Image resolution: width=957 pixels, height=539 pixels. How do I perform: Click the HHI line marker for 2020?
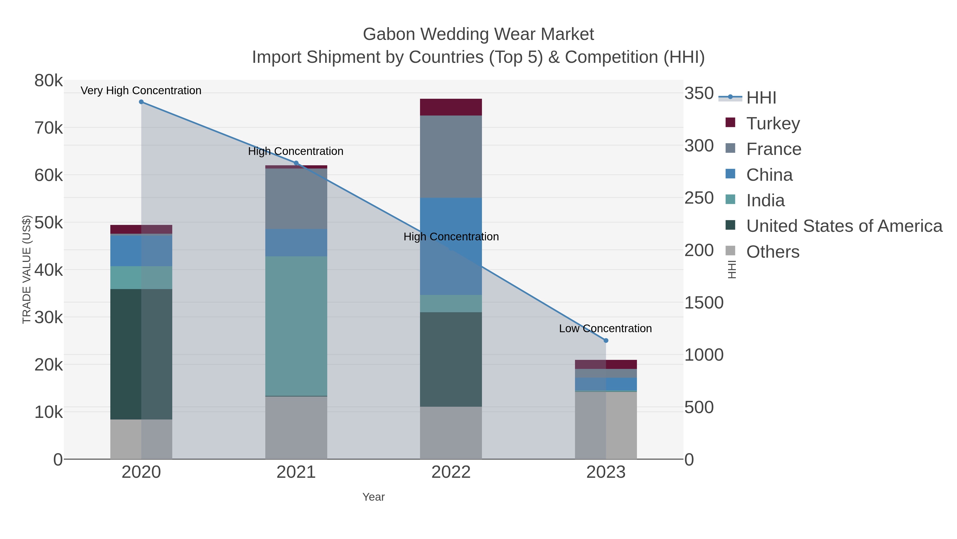point(141,102)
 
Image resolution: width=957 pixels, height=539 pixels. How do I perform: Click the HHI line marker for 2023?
point(606,340)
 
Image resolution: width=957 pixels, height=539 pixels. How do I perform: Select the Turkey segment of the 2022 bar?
point(451,107)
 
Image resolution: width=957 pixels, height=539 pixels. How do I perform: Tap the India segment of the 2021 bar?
point(296,326)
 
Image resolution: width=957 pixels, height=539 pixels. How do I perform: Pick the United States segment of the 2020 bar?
point(141,354)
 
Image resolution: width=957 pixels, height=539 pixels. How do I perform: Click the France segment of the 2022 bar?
point(451,157)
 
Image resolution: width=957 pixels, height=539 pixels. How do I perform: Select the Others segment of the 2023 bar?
point(606,425)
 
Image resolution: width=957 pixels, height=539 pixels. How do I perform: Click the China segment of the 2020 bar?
point(141,250)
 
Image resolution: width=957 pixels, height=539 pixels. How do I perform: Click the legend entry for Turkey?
point(773,123)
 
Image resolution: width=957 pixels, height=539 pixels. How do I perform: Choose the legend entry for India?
point(765,200)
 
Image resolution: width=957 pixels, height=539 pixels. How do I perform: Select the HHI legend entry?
point(761,97)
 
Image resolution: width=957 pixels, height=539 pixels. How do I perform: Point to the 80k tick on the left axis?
point(49,81)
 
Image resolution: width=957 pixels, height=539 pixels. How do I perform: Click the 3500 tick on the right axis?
point(698,93)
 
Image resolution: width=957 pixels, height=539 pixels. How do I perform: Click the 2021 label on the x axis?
point(296,472)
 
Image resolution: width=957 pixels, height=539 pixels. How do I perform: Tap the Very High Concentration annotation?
point(141,90)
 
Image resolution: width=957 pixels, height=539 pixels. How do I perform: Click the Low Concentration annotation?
point(605,328)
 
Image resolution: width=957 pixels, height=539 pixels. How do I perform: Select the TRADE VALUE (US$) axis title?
point(27,269)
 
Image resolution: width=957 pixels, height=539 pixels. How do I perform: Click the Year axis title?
point(373,497)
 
